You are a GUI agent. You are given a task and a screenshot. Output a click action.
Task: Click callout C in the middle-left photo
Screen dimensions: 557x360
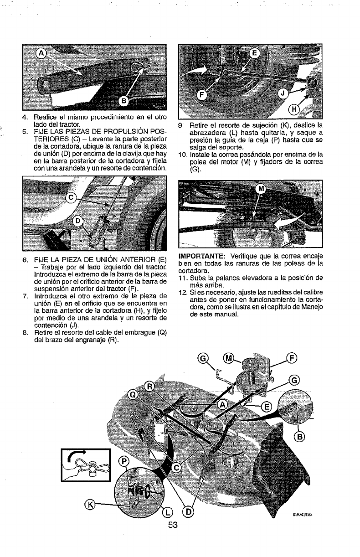point(71,197)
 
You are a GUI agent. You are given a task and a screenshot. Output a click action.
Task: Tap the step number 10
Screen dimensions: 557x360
point(181,155)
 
